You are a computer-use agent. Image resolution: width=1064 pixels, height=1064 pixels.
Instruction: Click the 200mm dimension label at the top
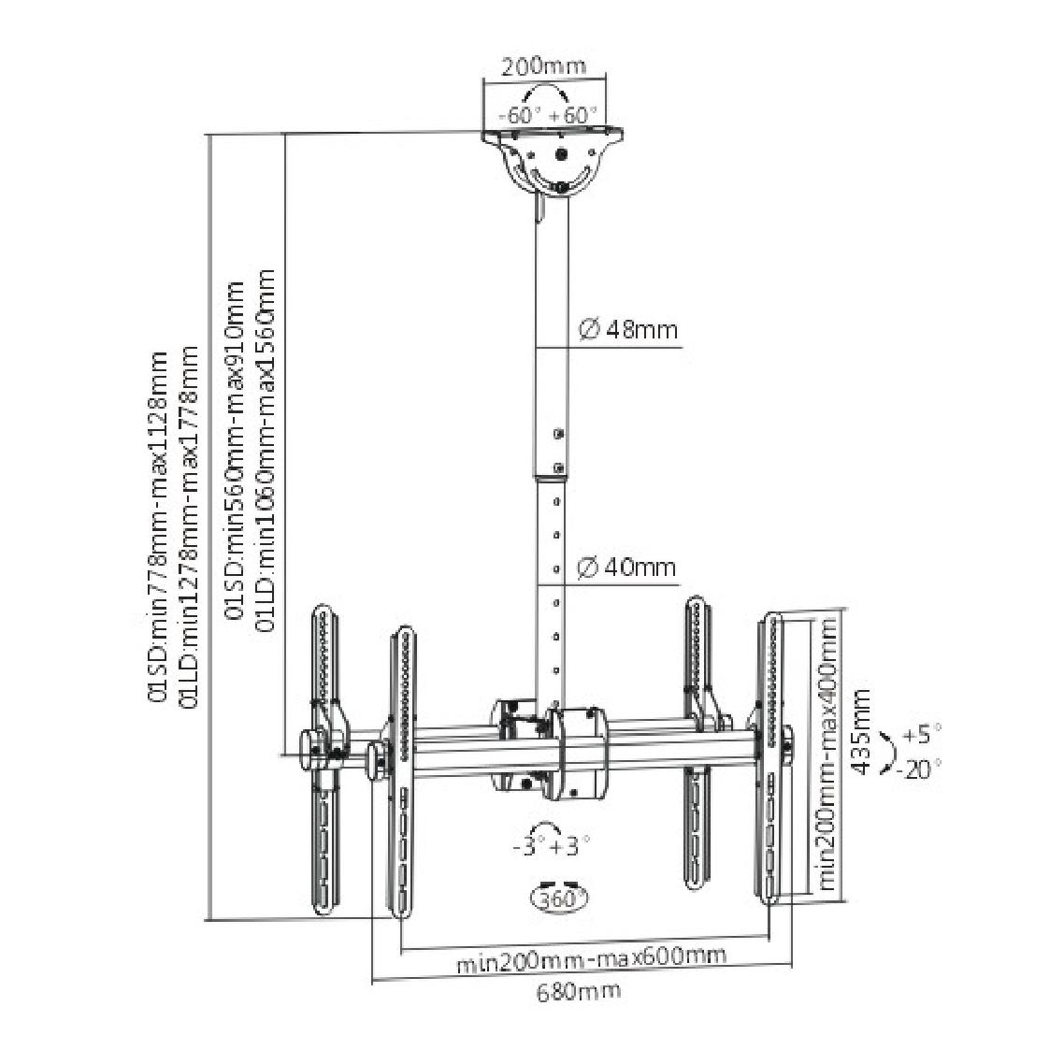(543, 66)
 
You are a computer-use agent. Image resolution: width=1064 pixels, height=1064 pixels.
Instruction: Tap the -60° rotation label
(519, 114)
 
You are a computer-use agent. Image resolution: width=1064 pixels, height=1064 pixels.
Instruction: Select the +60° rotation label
(573, 114)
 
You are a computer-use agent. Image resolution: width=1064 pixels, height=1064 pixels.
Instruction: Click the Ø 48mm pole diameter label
(627, 330)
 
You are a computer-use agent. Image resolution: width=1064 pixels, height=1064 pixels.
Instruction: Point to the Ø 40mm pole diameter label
(626, 567)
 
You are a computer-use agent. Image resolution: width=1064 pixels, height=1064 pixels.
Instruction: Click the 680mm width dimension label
(579, 991)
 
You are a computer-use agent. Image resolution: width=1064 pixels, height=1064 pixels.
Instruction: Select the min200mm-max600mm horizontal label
(591, 958)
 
